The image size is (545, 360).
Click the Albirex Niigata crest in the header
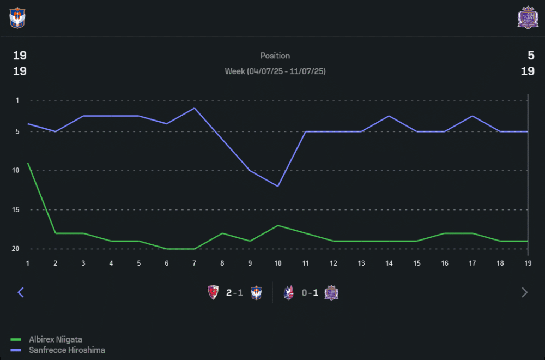[x=17, y=17]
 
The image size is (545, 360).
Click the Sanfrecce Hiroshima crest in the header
[x=527, y=17]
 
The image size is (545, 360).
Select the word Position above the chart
[x=275, y=56]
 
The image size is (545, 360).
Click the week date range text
[x=275, y=71]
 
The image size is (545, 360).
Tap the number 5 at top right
[x=531, y=55]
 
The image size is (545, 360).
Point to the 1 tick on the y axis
[x=17, y=100]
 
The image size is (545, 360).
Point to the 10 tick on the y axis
[x=16, y=170]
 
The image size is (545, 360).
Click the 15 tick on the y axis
[x=16, y=209]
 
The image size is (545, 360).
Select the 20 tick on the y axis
[x=16, y=249]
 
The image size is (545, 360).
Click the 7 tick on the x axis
[x=195, y=263]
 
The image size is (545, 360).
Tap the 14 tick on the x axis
[x=389, y=263]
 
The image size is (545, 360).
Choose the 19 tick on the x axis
[x=528, y=263]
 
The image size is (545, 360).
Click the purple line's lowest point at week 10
[x=278, y=186]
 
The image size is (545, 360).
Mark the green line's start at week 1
[x=28, y=163]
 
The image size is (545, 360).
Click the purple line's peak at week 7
[x=195, y=108]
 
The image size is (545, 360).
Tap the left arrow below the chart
[x=21, y=292]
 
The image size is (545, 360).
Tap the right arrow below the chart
[x=524, y=292]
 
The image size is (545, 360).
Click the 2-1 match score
[x=234, y=293]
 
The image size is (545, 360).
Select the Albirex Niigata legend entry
[x=55, y=340]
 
